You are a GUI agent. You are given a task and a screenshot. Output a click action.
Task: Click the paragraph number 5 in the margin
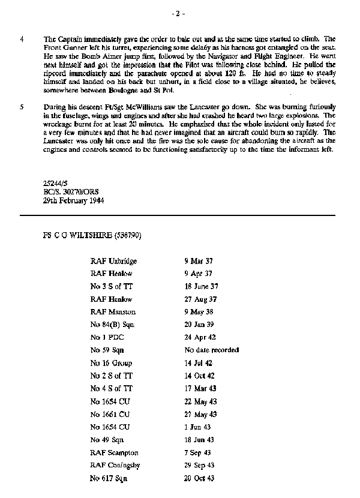point(22,106)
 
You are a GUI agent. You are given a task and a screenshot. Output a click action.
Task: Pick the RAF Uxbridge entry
point(114,261)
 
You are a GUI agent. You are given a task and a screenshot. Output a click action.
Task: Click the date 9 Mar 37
point(198,261)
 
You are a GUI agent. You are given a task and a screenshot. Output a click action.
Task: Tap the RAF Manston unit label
point(113,311)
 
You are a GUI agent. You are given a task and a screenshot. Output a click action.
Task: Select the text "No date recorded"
point(211,350)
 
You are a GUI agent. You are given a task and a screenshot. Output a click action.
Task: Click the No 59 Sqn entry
point(107,350)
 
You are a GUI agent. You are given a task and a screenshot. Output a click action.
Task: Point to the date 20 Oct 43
point(199,478)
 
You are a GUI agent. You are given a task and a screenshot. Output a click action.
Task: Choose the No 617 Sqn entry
point(109,478)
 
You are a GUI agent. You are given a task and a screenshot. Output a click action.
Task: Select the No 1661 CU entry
point(110,414)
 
